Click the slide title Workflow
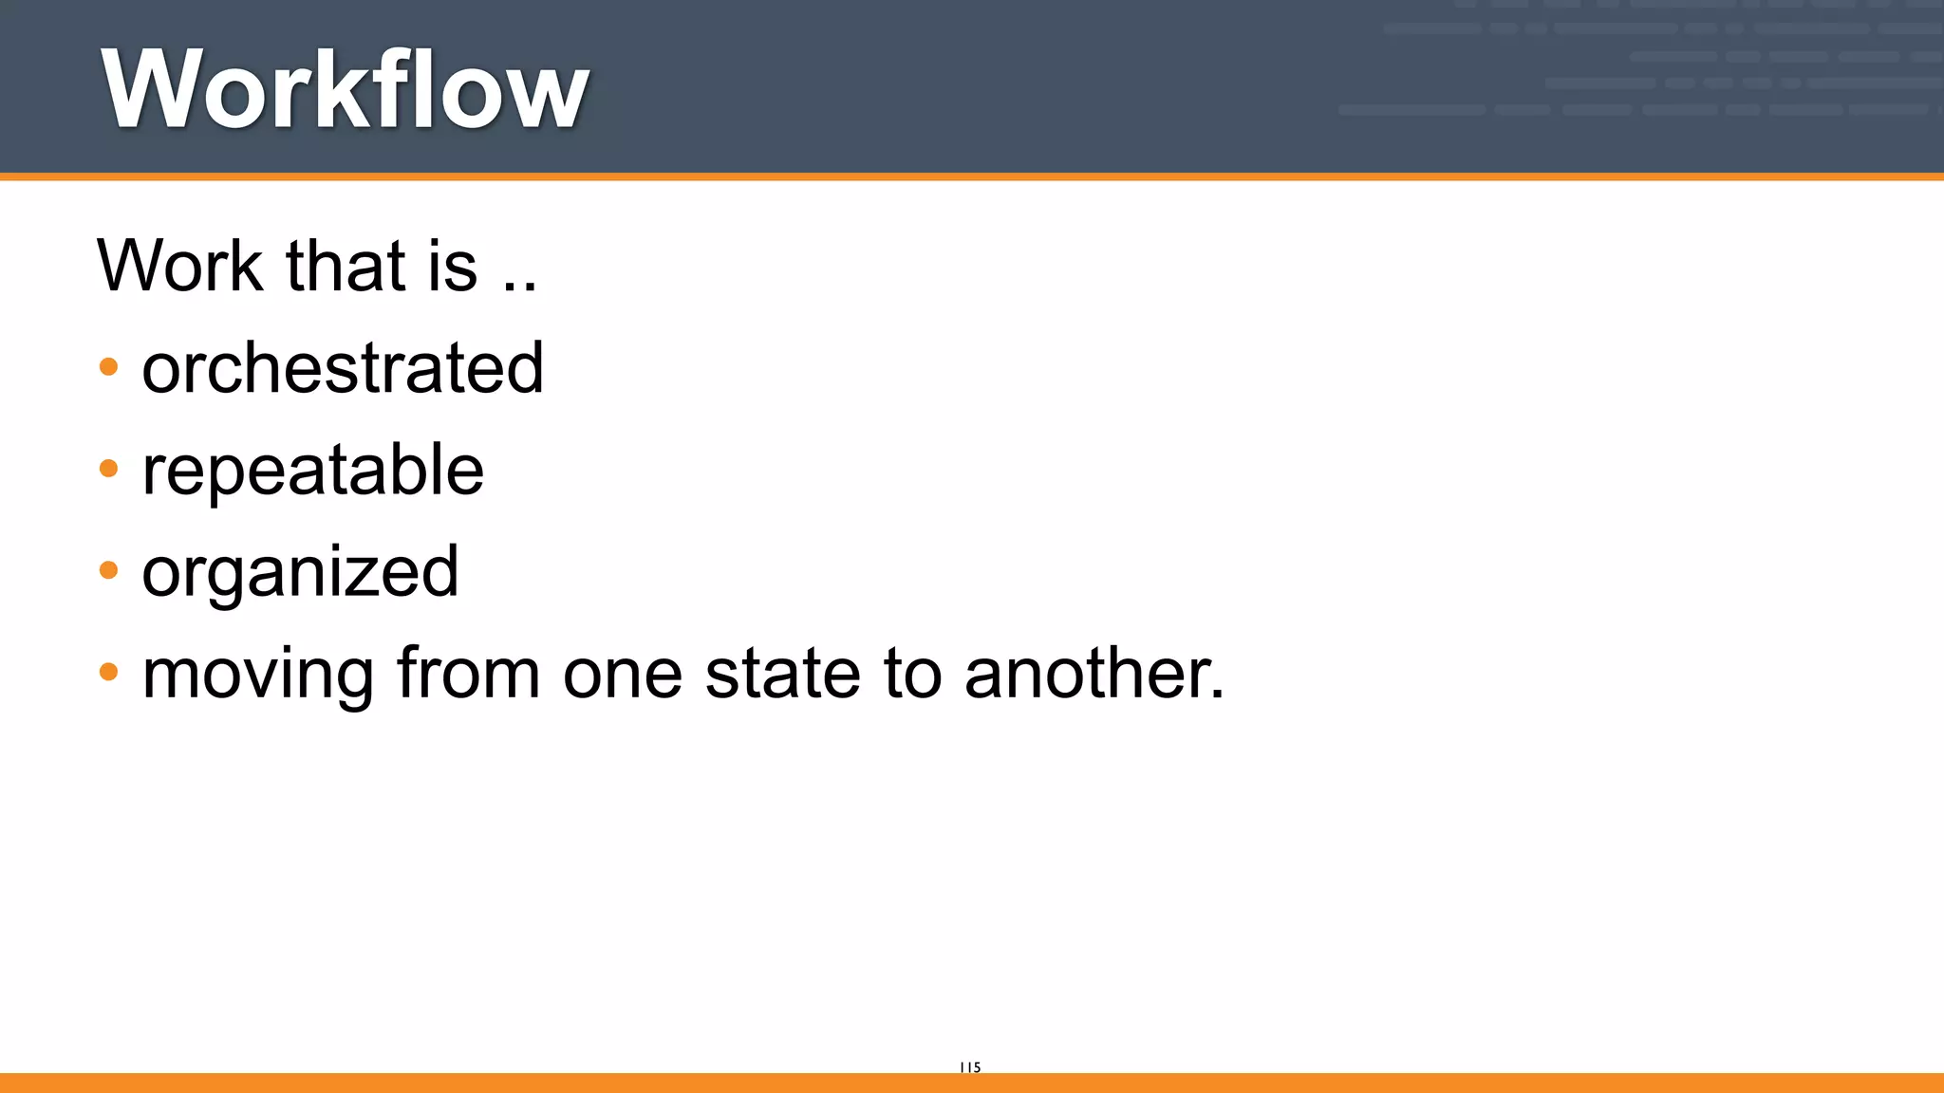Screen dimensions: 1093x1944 (346, 89)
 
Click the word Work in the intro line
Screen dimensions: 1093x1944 (179, 266)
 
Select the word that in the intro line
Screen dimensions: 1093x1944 (346, 266)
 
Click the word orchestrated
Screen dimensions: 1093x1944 (343, 368)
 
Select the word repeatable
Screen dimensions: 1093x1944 (312, 471)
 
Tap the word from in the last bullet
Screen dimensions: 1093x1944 (467, 674)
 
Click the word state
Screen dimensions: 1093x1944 (782, 674)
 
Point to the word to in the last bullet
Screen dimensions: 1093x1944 (914, 675)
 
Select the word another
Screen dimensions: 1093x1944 (1086, 674)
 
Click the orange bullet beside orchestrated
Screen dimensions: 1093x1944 (109, 367)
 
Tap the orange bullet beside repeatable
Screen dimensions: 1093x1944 (109, 469)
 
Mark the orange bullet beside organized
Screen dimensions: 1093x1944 (109, 570)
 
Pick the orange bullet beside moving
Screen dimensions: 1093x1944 (109, 673)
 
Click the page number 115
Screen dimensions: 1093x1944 (970, 1067)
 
